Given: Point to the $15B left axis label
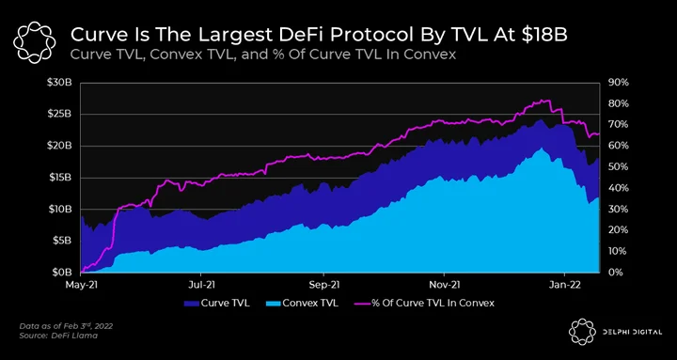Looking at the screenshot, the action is point(59,178).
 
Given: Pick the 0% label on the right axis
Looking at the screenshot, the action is point(616,273).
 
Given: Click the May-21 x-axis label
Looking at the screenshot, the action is point(81,286).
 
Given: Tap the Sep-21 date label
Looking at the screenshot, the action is point(323,286).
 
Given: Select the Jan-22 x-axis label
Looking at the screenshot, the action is point(565,286).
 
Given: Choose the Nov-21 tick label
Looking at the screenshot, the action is point(444,286).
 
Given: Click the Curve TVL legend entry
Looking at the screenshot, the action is point(217,303).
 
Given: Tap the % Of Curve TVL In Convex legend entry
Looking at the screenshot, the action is point(425,303).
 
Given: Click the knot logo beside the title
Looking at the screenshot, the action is point(35,42).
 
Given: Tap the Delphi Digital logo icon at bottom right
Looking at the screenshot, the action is point(582,333).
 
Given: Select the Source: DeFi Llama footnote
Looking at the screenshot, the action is point(58,336).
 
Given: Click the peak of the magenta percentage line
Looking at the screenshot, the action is point(545,101).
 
